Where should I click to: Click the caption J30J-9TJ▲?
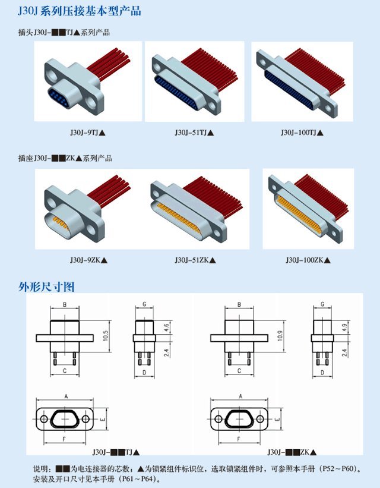[x=88, y=133]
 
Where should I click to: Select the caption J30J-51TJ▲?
[x=194, y=133]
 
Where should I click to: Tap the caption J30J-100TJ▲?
[x=302, y=133]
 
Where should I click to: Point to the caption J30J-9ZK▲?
[x=88, y=260]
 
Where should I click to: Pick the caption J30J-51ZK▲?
[x=195, y=260]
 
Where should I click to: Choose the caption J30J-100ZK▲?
[x=308, y=260]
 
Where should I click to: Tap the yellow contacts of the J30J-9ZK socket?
[x=61, y=222]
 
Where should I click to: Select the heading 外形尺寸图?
[x=46, y=286]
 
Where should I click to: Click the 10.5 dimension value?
[x=106, y=336]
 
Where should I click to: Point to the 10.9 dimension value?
[x=280, y=336]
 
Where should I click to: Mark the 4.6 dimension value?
[x=166, y=328]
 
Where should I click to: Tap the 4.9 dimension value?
[x=344, y=328]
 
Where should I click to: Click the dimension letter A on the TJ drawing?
[x=66, y=396]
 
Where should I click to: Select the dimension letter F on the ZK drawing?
[x=239, y=439]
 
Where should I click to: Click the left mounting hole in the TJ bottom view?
[x=44, y=419]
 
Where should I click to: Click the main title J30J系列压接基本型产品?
[x=80, y=11]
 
